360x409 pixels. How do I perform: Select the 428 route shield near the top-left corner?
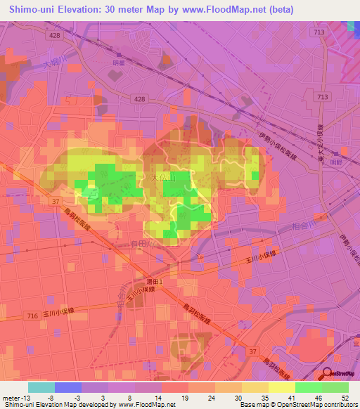[x=54, y=34]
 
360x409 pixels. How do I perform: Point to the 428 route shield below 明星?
[x=139, y=99]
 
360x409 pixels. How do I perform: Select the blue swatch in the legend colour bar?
[x=68, y=387]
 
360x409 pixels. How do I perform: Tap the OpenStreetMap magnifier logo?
[x=328, y=374]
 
